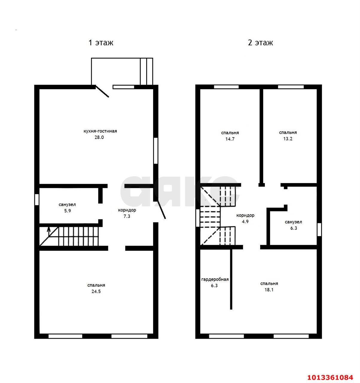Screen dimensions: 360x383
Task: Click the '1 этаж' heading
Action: click(100, 42)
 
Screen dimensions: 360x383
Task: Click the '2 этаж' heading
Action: click(260, 42)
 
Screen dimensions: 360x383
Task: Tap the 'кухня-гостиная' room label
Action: click(100, 131)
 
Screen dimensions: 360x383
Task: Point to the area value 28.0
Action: click(99, 138)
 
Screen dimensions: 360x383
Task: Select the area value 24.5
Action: click(96, 291)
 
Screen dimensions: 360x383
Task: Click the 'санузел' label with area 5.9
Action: click(67, 204)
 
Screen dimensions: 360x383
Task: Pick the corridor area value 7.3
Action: click(127, 216)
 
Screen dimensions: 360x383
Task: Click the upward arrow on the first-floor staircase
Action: click(49, 231)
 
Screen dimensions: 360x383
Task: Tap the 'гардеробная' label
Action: click(215, 279)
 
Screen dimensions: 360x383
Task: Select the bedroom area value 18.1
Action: click(269, 290)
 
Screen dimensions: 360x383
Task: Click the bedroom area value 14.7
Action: click(230, 139)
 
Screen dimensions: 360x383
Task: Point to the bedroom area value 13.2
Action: click(288, 139)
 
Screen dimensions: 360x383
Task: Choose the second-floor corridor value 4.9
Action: click(245, 222)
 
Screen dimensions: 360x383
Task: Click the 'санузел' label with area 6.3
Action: click(293, 222)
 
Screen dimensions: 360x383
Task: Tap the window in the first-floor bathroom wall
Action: click(37, 200)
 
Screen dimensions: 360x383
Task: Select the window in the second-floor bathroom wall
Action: click(319, 230)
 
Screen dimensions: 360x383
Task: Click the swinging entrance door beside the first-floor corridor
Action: click(161, 209)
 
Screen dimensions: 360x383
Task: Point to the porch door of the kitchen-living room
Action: click(102, 91)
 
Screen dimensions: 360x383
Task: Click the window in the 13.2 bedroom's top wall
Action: click(291, 87)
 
